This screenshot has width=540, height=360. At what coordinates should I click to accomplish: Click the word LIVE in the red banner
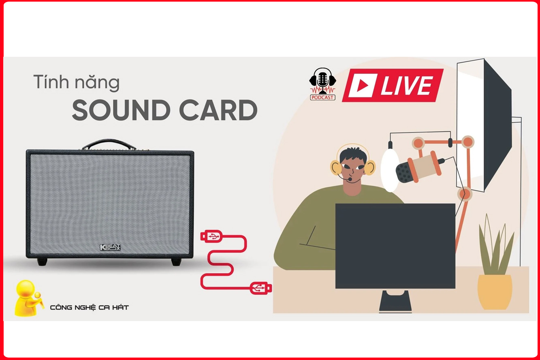tap(407, 85)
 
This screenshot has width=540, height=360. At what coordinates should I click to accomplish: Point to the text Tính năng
tap(76, 82)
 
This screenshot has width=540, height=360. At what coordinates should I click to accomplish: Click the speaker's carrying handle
tap(109, 145)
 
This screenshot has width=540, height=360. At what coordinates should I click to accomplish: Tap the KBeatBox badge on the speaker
tap(110, 247)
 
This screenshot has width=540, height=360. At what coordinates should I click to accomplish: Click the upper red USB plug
tap(211, 236)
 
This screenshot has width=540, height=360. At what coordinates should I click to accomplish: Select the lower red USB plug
tap(260, 288)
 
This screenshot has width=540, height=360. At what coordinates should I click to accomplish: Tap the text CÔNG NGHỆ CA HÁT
tap(89, 307)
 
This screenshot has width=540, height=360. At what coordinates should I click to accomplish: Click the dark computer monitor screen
tap(395, 246)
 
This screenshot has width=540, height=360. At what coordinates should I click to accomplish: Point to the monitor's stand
tap(395, 301)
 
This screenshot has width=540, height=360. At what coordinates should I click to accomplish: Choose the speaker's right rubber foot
tap(176, 262)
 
